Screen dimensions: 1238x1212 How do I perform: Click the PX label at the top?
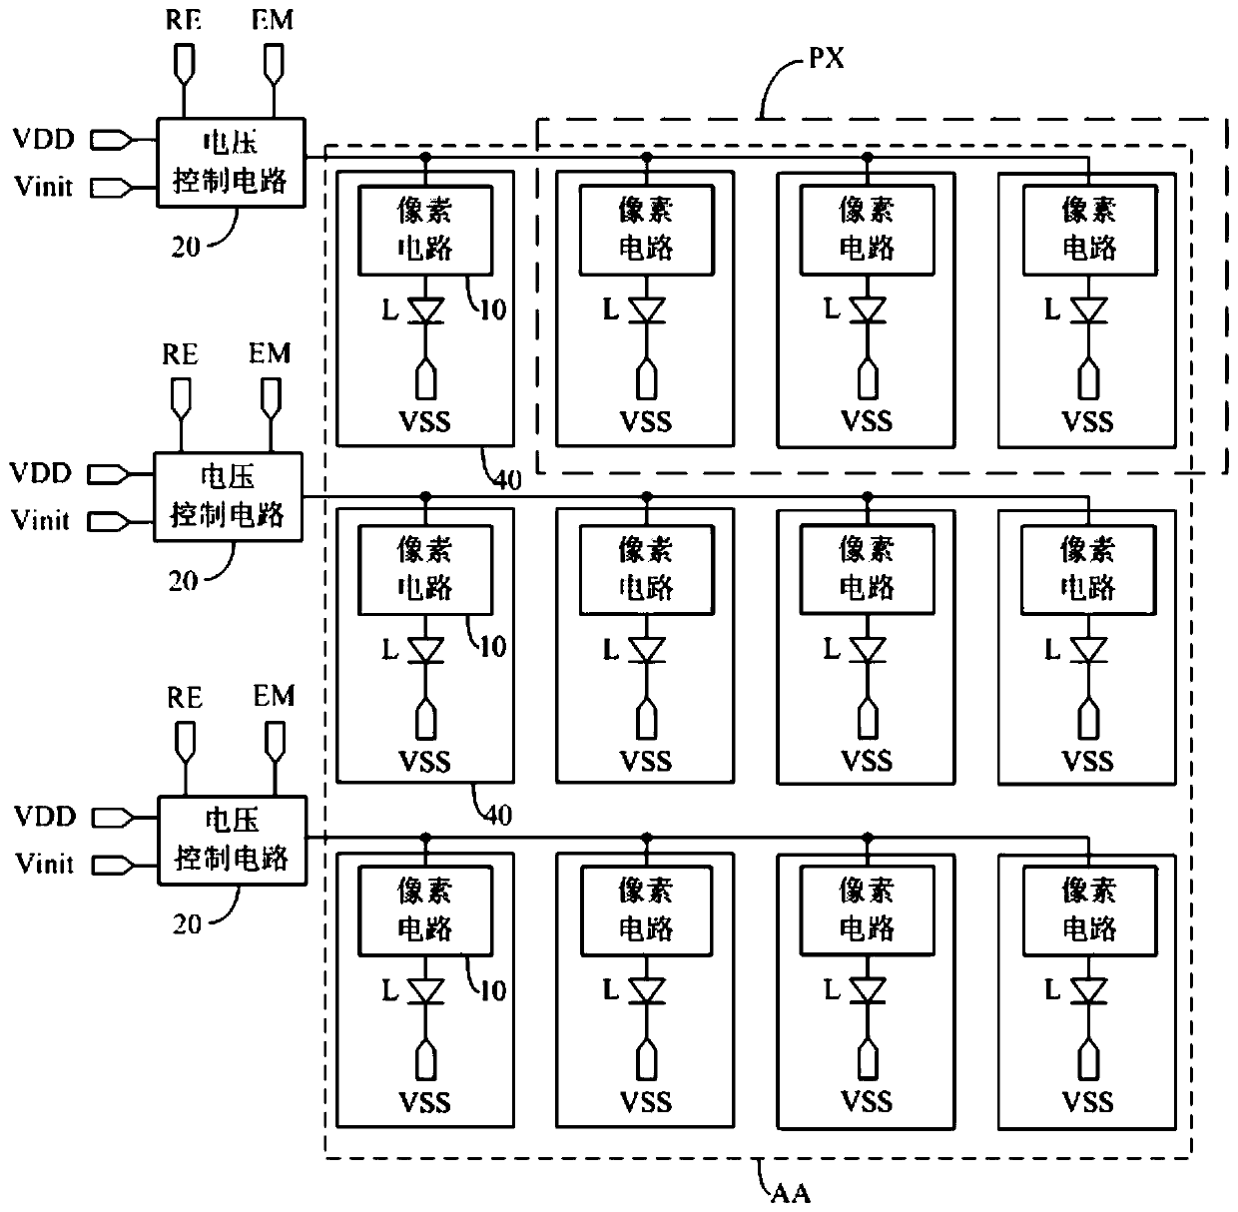pyautogui.click(x=826, y=58)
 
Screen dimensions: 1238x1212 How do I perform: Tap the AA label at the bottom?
pyautogui.click(x=791, y=1193)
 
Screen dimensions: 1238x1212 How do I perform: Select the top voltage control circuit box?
pyautogui.click(x=232, y=162)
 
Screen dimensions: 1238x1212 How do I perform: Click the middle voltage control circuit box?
pyautogui.click(x=228, y=497)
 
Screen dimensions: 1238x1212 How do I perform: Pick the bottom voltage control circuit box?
pyautogui.click(x=233, y=841)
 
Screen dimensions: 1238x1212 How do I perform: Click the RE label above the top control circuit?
pyautogui.click(x=184, y=20)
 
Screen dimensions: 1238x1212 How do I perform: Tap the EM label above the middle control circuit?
pyautogui.click(x=270, y=353)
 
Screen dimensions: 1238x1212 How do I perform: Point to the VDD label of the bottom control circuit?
pyautogui.click(x=45, y=816)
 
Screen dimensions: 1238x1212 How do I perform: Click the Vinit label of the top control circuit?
pyautogui.click(x=43, y=187)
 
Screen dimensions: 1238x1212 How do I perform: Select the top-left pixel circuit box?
pyautogui.click(x=425, y=230)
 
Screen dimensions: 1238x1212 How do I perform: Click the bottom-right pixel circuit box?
pyautogui.click(x=1090, y=910)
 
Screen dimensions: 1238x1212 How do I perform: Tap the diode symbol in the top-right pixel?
pyautogui.click(x=1088, y=310)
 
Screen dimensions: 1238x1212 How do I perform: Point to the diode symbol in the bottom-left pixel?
pyautogui.click(x=425, y=991)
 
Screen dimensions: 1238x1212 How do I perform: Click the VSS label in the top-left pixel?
pyautogui.click(x=424, y=421)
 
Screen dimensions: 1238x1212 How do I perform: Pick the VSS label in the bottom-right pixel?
pyautogui.click(x=1087, y=1103)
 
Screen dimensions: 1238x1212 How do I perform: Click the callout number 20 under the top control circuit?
pyautogui.click(x=186, y=247)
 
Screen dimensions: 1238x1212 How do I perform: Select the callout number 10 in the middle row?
pyautogui.click(x=493, y=647)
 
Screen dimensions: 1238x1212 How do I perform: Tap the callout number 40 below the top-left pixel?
pyautogui.click(x=507, y=480)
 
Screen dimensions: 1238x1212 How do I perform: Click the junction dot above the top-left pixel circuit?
pyautogui.click(x=425, y=157)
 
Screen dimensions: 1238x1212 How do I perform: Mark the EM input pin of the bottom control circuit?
pyautogui.click(x=276, y=742)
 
